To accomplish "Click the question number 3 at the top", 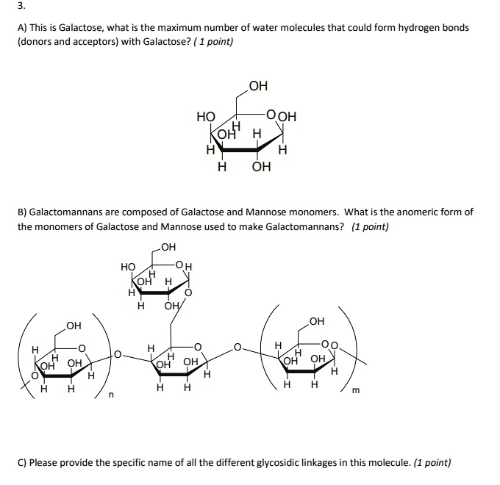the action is [21, 6].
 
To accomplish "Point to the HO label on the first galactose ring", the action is [206, 116].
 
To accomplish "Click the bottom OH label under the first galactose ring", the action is [261, 167].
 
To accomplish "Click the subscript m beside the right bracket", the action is [356, 390].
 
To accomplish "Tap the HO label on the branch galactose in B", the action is [128, 267].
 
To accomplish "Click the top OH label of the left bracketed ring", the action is [74, 326].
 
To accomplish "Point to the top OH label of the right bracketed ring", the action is [317, 321].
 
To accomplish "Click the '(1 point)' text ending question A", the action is [211, 42].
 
